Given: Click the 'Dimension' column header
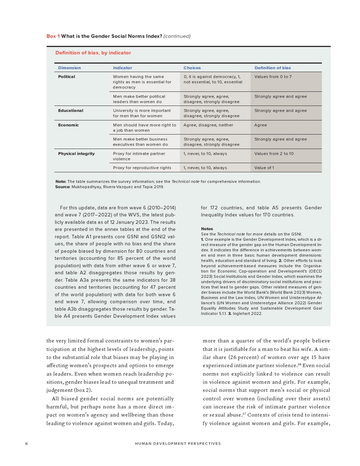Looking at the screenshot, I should (69, 68).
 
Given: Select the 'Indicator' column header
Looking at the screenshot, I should (122, 68).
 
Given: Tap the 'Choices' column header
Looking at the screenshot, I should (192, 68).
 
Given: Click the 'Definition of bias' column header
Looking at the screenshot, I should (273, 68).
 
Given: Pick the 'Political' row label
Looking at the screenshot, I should (66, 77).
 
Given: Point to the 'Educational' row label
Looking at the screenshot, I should (70, 111).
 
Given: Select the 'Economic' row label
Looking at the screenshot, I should (68, 125).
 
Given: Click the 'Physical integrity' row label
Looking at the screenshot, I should (76, 154).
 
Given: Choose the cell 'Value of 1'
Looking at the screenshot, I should (264, 168).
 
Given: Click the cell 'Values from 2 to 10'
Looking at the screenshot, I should (274, 154).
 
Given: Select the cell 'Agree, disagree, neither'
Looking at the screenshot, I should (208, 125).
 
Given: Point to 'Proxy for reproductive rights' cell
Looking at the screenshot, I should (142, 168).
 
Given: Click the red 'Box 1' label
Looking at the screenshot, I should (53, 36).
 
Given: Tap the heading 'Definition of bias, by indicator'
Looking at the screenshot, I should (93, 52).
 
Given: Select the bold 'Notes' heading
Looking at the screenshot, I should (207, 229).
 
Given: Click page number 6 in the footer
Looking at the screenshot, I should (26, 443).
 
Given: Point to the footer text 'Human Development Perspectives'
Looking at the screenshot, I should (178, 443).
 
